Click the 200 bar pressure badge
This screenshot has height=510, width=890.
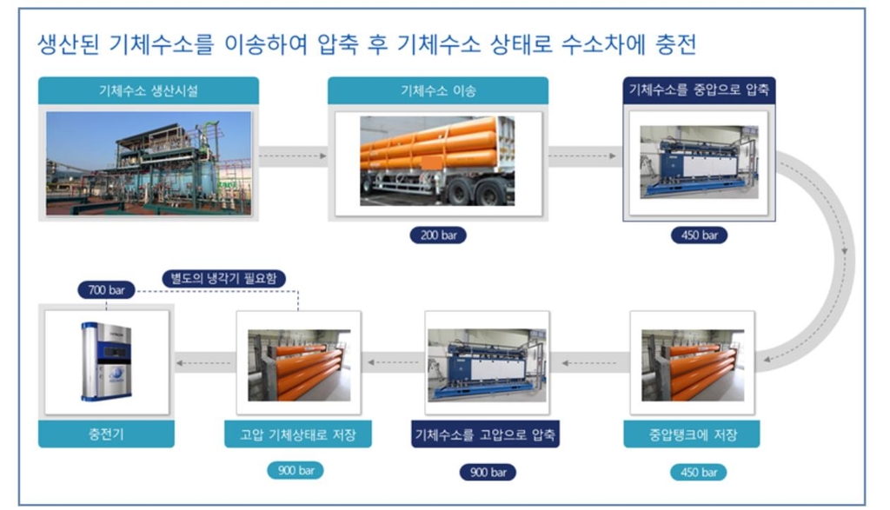437,235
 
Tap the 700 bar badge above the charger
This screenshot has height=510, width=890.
106,289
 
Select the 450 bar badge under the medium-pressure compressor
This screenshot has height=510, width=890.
699,235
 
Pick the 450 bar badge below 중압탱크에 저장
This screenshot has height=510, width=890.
699,472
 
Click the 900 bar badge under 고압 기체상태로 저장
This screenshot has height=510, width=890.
296,472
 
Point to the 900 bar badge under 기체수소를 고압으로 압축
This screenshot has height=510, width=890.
487,472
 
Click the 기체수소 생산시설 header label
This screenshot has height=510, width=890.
148,90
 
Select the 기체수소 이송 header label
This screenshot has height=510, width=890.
437,90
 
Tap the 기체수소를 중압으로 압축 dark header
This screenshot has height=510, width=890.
699,90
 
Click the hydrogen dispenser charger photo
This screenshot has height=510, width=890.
106,361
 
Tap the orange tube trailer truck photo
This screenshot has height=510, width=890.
437,160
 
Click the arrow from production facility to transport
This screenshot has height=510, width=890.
293,157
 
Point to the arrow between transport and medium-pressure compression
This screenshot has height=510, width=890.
585,157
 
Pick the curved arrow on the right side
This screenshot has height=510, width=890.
839,261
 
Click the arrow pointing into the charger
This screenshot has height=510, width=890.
204,358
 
